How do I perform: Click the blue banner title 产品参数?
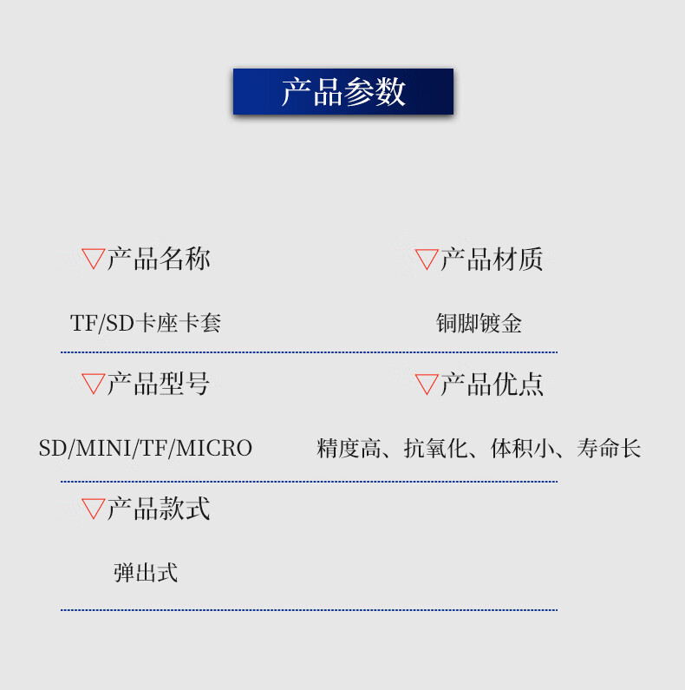(x=343, y=92)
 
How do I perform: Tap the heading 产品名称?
(x=159, y=259)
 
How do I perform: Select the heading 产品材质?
(x=492, y=259)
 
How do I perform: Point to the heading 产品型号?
(x=159, y=384)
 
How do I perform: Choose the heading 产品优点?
(x=492, y=384)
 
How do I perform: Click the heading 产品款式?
(x=159, y=509)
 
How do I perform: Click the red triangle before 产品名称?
(x=93, y=258)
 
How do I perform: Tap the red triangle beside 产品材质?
(x=427, y=258)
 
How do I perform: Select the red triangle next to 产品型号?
(x=93, y=383)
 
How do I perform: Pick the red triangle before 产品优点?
(x=427, y=383)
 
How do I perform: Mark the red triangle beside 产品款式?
(x=93, y=508)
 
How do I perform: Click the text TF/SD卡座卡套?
(x=146, y=324)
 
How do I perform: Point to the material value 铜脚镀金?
(x=479, y=324)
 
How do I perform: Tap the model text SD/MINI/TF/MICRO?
(x=146, y=449)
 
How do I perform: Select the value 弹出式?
(x=146, y=573)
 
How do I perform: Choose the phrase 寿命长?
(x=609, y=449)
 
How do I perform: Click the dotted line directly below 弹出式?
(x=309, y=609)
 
